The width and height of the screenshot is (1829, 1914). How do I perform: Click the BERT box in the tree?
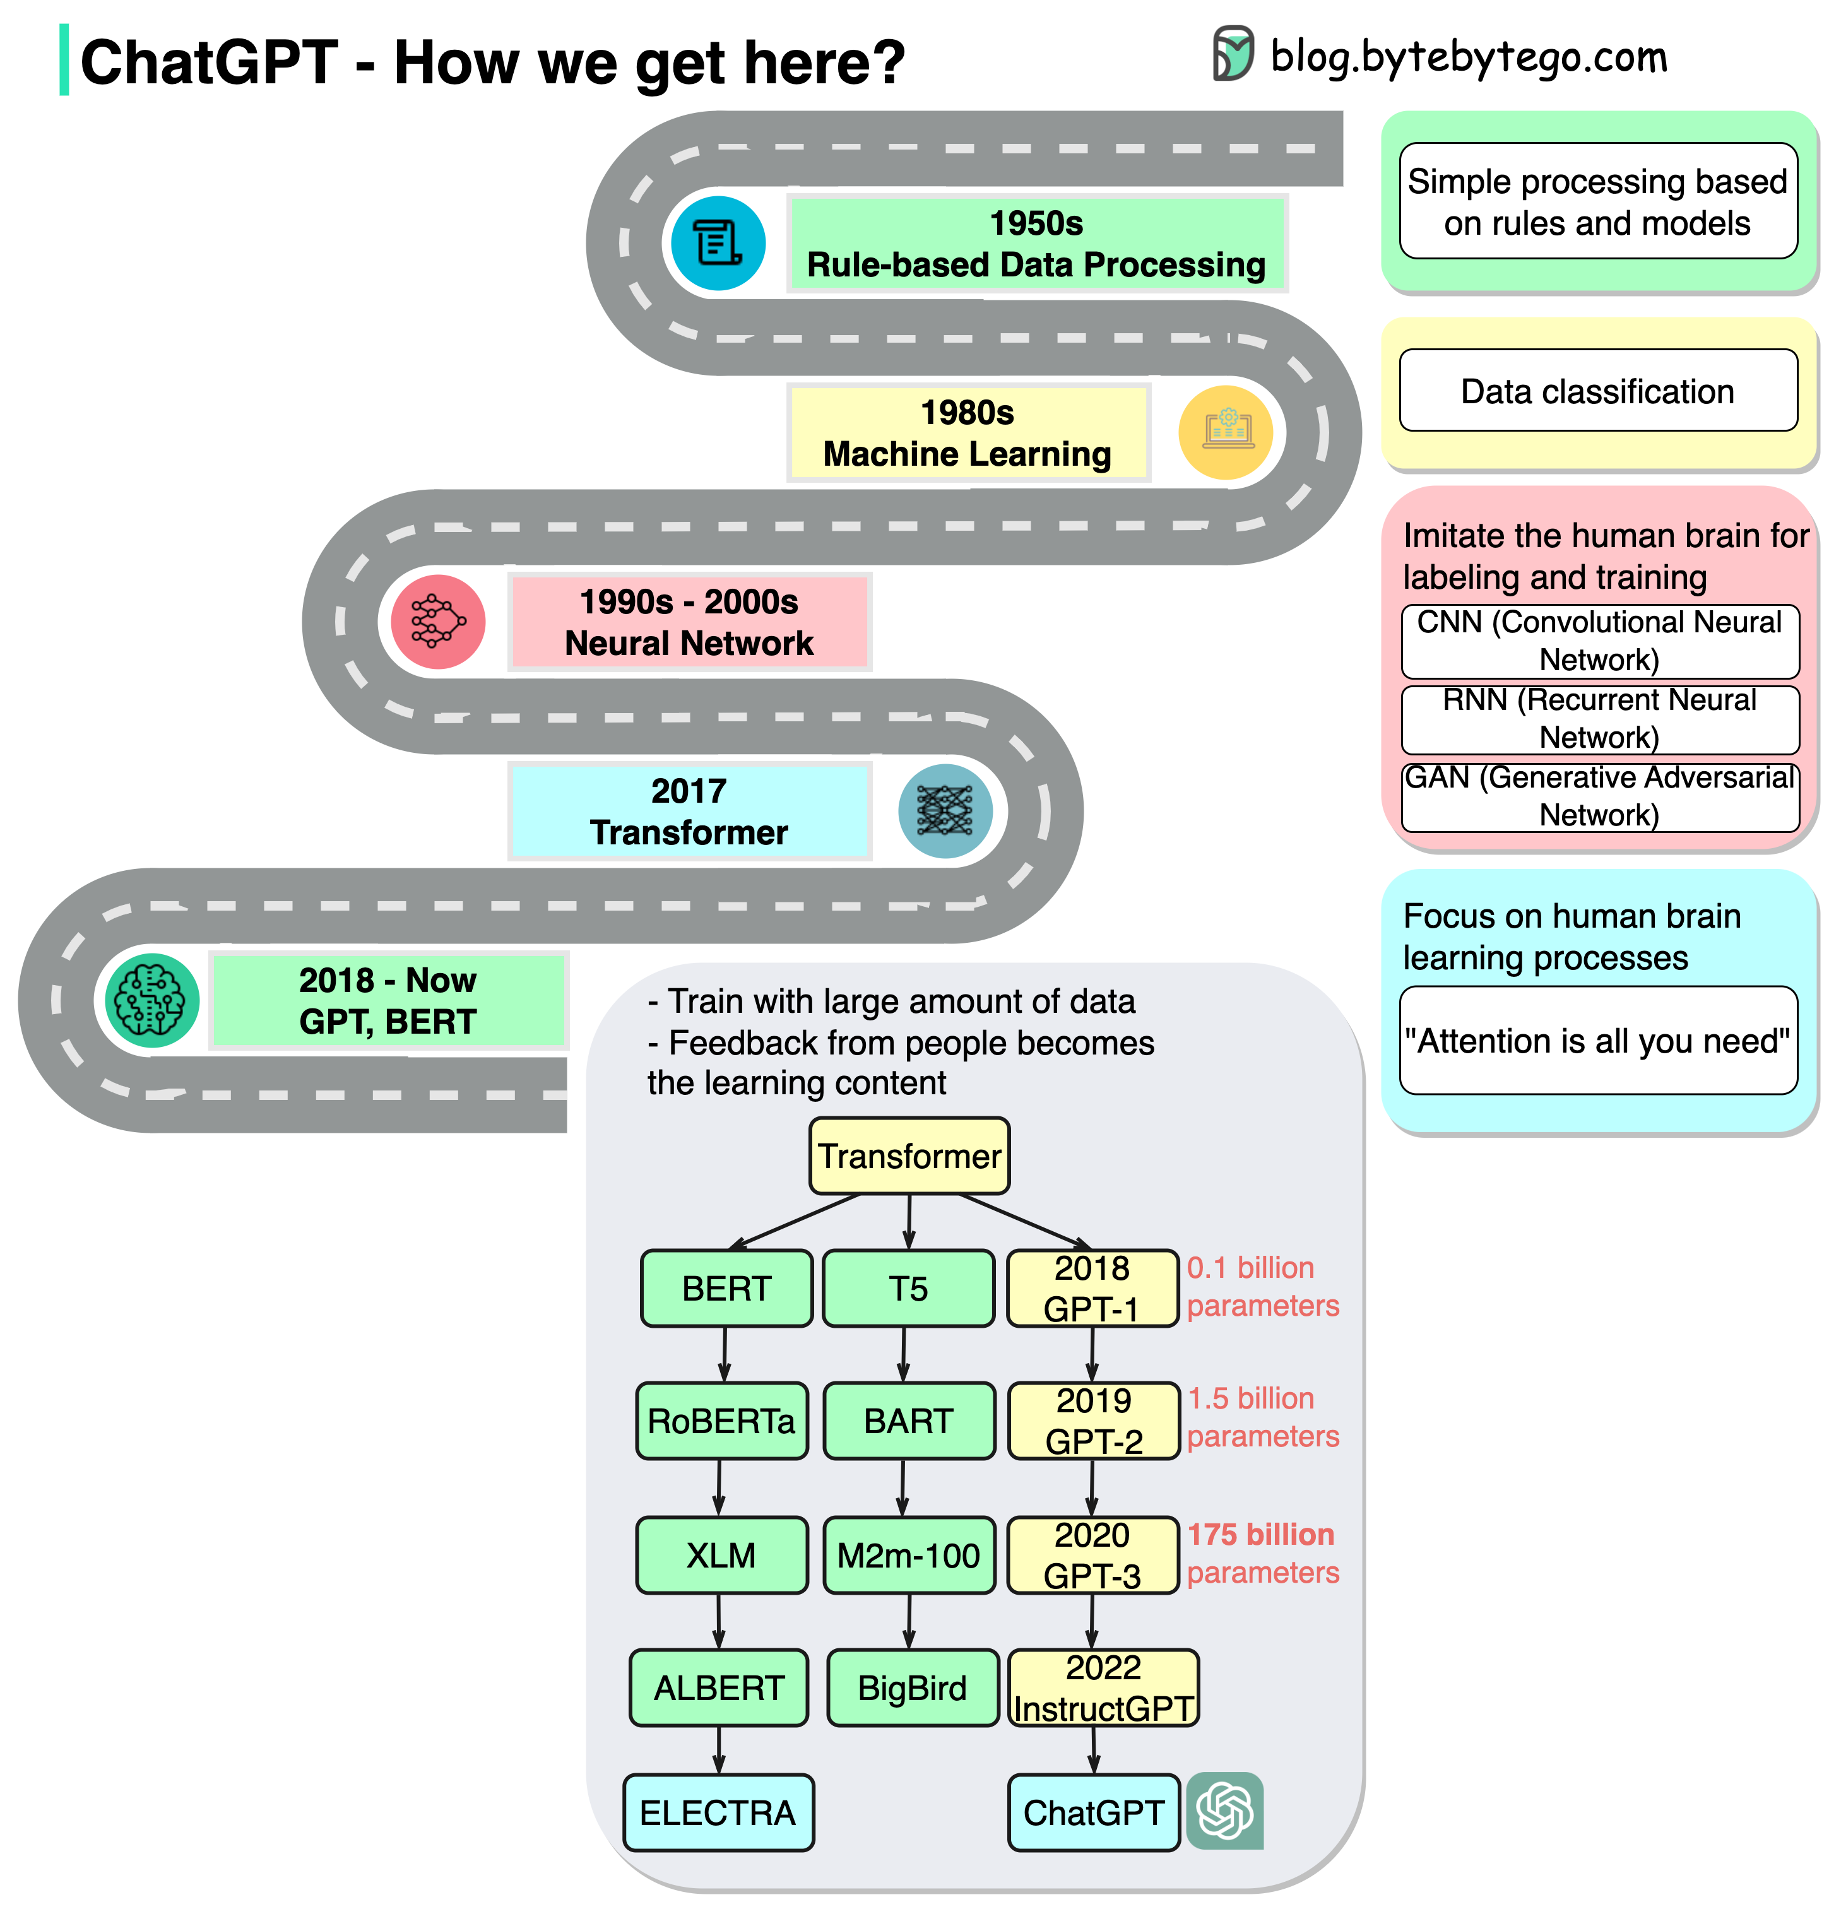(x=726, y=1288)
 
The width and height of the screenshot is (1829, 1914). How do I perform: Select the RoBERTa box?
(x=721, y=1421)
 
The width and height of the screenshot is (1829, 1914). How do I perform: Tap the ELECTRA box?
(x=718, y=1812)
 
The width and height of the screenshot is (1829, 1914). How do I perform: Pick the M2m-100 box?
(x=909, y=1555)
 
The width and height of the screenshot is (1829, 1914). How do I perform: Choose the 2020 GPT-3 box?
(x=1092, y=1555)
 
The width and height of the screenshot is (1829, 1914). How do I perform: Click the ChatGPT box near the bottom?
(x=1093, y=1812)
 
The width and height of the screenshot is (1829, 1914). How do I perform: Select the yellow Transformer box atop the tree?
(x=909, y=1155)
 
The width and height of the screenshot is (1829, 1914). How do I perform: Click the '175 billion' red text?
(x=1260, y=1535)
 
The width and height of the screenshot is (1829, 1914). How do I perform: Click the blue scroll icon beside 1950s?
(x=718, y=243)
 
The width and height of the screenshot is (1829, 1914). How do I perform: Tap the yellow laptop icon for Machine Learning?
(x=1226, y=432)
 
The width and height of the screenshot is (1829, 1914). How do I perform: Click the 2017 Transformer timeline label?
(x=689, y=812)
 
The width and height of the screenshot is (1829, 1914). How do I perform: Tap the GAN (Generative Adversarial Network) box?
(x=1599, y=796)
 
